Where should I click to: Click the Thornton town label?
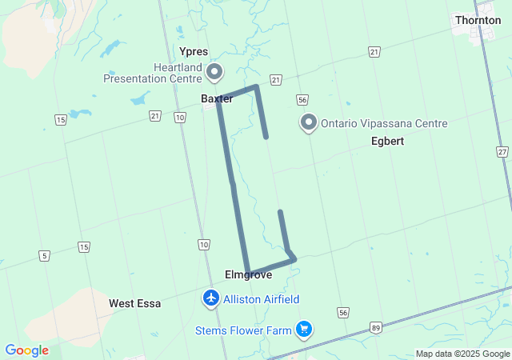click(x=478, y=20)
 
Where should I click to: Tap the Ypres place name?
click(x=194, y=51)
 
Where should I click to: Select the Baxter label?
click(x=216, y=98)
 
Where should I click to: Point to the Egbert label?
click(x=387, y=141)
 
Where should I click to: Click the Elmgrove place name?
click(x=248, y=274)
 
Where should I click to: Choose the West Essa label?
click(x=134, y=303)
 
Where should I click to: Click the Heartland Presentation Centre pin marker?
click(x=214, y=73)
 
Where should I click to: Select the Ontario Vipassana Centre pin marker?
click(x=309, y=123)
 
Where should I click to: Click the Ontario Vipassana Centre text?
click(x=384, y=124)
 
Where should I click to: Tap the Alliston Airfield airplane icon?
click(x=211, y=298)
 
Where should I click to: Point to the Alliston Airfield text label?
click(x=261, y=299)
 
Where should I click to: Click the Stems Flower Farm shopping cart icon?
click(x=303, y=329)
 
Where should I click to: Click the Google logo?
click(x=27, y=350)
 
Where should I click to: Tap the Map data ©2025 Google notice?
click(x=462, y=354)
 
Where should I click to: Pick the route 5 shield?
click(x=44, y=255)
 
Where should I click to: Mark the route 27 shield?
click(x=502, y=151)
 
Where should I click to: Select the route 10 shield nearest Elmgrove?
click(x=204, y=244)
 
